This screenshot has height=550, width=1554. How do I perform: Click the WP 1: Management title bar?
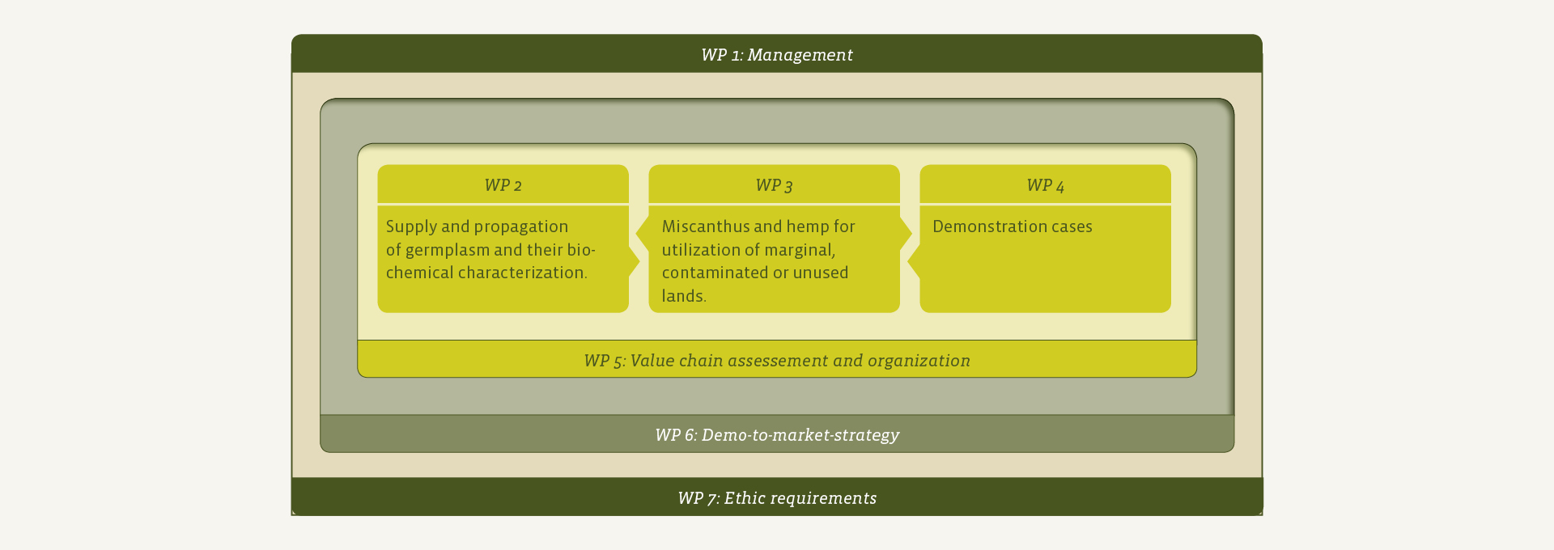pyautogui.click(x=777, y=54)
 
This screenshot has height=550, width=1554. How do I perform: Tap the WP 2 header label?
pyautogui.click(x=503, y=185)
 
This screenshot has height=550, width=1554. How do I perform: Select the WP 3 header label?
pyautogui.click(x=774, y=185)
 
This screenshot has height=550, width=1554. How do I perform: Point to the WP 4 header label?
pyautogui.click(x=1045, y=185)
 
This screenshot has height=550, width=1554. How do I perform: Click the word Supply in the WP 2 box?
pyautogui.click(x=411, y=227)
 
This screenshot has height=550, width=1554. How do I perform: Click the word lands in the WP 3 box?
pyautogui.click(x=684, y=296)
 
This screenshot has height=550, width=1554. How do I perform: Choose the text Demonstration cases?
pyautogui.click(x=1013, y=226)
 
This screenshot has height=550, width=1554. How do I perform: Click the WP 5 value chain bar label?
pyautogui.click(x=777, y=361)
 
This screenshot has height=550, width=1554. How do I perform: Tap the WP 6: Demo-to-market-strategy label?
pyautogui.click(x=777, y=435)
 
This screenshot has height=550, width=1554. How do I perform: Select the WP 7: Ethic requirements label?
pyautogui.click(x=777, y=498)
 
